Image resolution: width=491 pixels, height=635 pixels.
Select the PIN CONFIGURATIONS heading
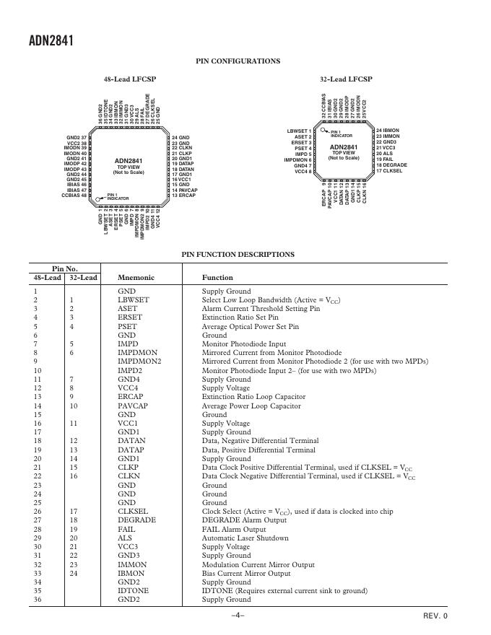point(238,61)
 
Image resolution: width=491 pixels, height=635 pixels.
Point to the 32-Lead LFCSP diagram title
point(346,79)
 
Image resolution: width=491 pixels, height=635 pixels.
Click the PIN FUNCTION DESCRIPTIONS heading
point(238,254)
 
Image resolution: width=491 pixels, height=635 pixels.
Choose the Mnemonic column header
point(136,278)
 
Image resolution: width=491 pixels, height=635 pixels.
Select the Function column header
point(217,278)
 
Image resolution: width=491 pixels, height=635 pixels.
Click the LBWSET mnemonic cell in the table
point(134,300)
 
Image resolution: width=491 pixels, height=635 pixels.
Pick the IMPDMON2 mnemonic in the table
point(139,362)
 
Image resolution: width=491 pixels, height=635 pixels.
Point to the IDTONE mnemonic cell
point(133,590)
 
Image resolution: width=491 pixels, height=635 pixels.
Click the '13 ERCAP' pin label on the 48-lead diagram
point(183,196)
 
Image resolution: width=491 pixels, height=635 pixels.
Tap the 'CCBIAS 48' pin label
point(74,196)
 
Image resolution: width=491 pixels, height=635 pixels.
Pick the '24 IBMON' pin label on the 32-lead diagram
point(388,131)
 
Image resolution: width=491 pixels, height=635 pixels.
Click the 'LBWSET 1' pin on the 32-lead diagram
point(299,131)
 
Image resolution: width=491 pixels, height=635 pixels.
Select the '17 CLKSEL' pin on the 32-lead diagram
point(388,171)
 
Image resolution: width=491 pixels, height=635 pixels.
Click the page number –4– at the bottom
point(238,616)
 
